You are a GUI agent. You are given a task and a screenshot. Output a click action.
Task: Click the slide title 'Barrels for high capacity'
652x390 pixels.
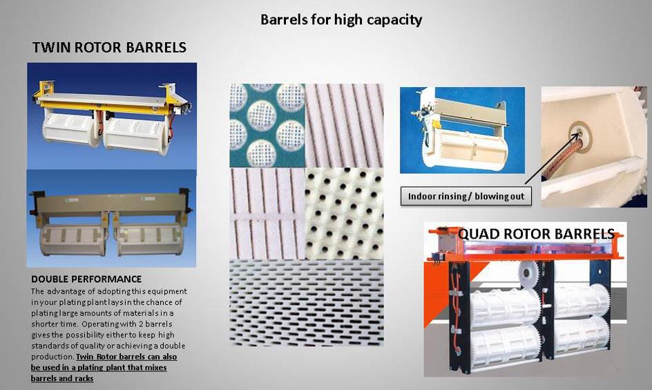tap(341, 20)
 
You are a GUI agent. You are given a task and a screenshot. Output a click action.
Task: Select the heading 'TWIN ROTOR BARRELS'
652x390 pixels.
tap(109, 48)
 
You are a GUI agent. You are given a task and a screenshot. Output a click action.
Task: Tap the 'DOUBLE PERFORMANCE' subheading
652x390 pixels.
tap(86, 279)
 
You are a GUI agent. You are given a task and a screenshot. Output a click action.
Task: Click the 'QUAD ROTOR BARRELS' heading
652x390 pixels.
tap(536, 234)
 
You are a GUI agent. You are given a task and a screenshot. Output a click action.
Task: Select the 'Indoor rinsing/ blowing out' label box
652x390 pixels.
tap(466, 196)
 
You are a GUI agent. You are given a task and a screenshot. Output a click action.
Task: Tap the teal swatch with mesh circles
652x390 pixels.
tap(267, 125)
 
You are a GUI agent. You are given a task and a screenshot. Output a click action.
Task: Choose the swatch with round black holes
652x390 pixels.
tap(344, 213)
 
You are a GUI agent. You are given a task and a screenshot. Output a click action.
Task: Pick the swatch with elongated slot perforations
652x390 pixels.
tap(307, 303)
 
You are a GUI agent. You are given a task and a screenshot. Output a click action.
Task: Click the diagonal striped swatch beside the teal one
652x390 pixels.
tap(344, 125)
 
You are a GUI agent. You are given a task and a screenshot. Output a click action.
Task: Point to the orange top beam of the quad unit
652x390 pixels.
tap(524, 254)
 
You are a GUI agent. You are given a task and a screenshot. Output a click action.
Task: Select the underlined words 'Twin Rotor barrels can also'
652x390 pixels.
tap(126, 357)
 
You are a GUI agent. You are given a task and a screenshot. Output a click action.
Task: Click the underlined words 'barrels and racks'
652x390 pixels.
tap(62, 378)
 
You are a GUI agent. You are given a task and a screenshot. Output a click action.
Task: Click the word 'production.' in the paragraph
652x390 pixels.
tap(52, 357)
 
